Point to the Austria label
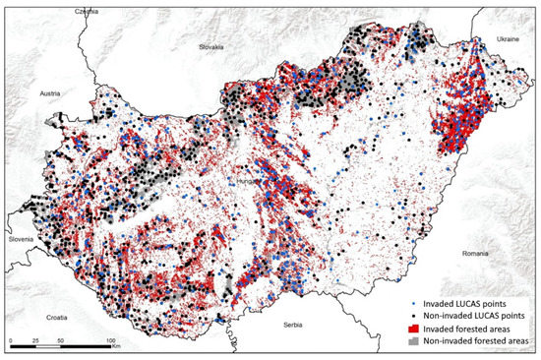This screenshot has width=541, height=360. pyautogui.click(x=52, y=92)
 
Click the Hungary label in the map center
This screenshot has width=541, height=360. pyautogui.click(x=247, y=182)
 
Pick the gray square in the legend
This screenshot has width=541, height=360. pyautogui.click(x=402, y=337)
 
